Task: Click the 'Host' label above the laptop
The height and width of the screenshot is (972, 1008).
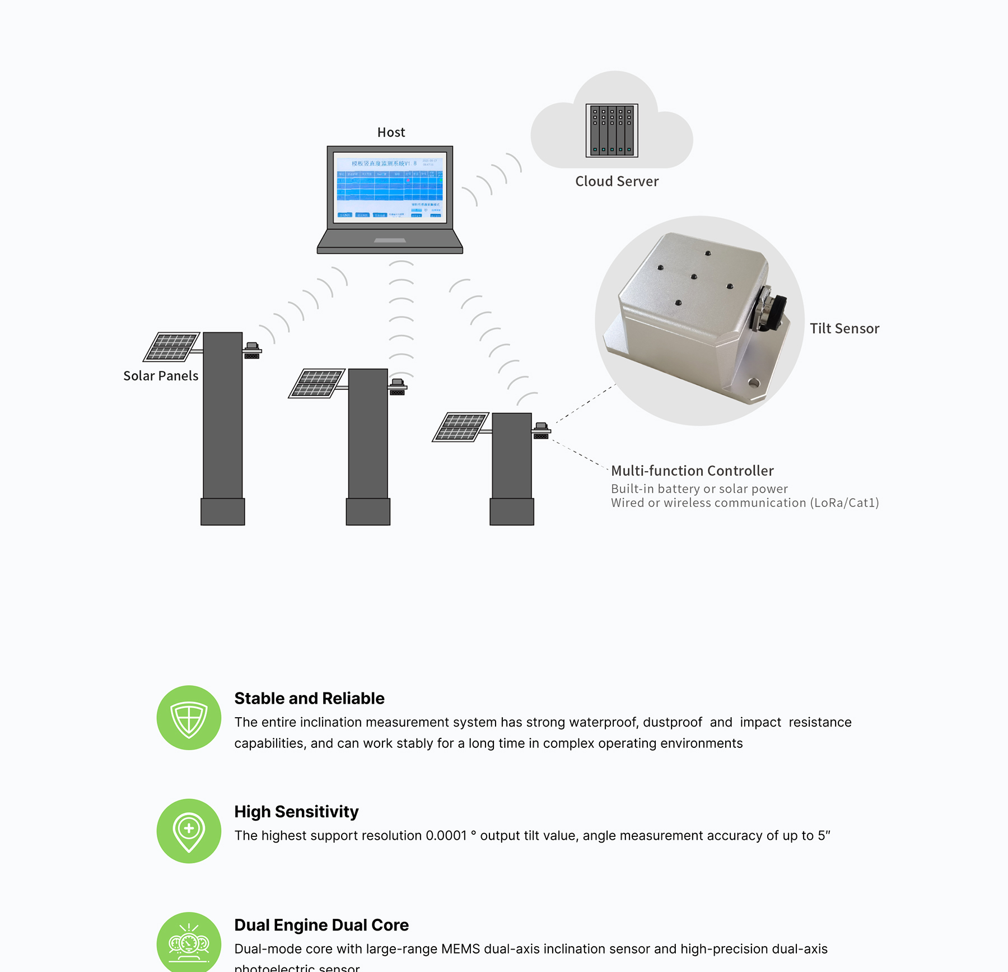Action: pyautogui.click(x=391, y=132)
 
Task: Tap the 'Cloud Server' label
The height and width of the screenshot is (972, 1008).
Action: pyautogui.click(x=617, y=182)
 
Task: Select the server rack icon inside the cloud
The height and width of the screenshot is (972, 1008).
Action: pyautogui.click(x=612, y=131)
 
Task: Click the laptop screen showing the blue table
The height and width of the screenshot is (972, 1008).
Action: pyautogui.click(x=390, y=187)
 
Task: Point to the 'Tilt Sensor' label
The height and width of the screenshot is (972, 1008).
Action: pyautogui.click(x=844, y=329)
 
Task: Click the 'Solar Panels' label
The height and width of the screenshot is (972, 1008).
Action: pyautogui.click(x=161, y=376)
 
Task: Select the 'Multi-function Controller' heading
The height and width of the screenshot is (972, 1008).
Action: pyautogui.click(x=692, y=471)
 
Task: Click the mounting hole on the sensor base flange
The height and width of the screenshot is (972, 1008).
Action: pyautogui.click(x=753, y=384)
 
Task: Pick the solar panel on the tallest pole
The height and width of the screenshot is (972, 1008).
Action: pyautogui.click(x=171, y=346)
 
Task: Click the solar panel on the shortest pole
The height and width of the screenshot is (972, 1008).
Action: pyautogui.click(x=461, y=427)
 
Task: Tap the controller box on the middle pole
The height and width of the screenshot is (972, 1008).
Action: pyautogui.click(x=397, y=387)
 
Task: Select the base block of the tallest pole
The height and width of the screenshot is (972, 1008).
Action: pyautogui.click(x=222, y=511)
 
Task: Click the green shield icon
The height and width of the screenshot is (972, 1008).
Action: pyautogui.click(x=189, y=718)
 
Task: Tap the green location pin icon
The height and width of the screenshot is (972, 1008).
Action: pyautogui.click(x=189, y=831)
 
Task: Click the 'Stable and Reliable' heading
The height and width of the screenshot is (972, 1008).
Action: pyautogui.click(x=309, y=699)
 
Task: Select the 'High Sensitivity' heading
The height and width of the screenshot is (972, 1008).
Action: pyautogui.click(x=296, y=812)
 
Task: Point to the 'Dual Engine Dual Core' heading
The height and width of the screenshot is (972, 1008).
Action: pyautogui.click(x=321, y=925)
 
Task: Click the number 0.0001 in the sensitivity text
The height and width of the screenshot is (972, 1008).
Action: pyautogui.click(x=446, y=836)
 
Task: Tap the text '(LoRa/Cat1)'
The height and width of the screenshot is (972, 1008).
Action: pyautogui.click(x=844, y=503)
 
